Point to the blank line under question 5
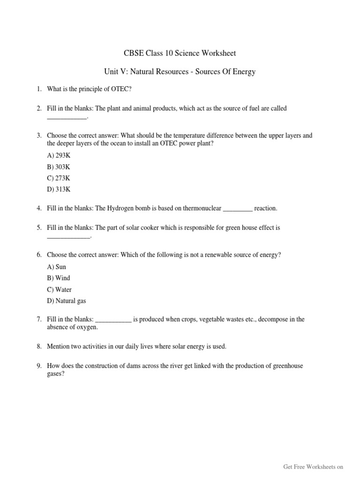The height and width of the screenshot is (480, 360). (68, 237)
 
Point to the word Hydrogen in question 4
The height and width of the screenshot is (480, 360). (121, 208)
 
